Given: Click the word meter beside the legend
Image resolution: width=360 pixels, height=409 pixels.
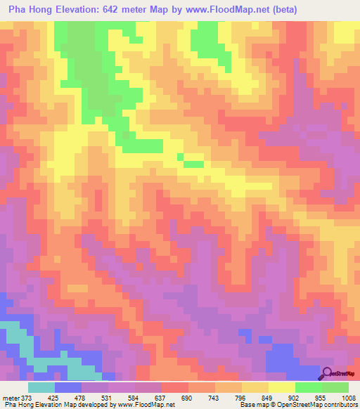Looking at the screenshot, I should coord(11,397).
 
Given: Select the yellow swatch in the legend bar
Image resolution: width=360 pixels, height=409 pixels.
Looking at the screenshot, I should coord(281,387).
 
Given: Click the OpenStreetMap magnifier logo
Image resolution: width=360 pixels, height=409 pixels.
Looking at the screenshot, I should coord(328,372).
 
